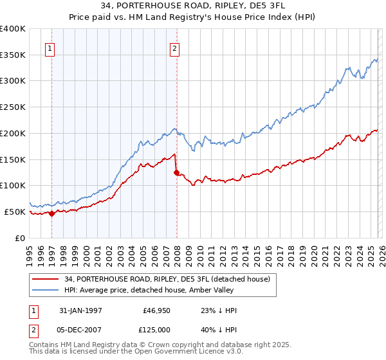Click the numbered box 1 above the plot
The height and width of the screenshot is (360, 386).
(x=50, y=47)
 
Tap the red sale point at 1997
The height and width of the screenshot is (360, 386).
(x=52, y=213)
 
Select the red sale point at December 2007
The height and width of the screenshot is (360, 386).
(x=176, y=172)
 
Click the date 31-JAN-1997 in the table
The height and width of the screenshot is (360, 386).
(x=80, y=310)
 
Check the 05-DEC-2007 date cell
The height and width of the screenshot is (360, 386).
(x=80, y=329)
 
